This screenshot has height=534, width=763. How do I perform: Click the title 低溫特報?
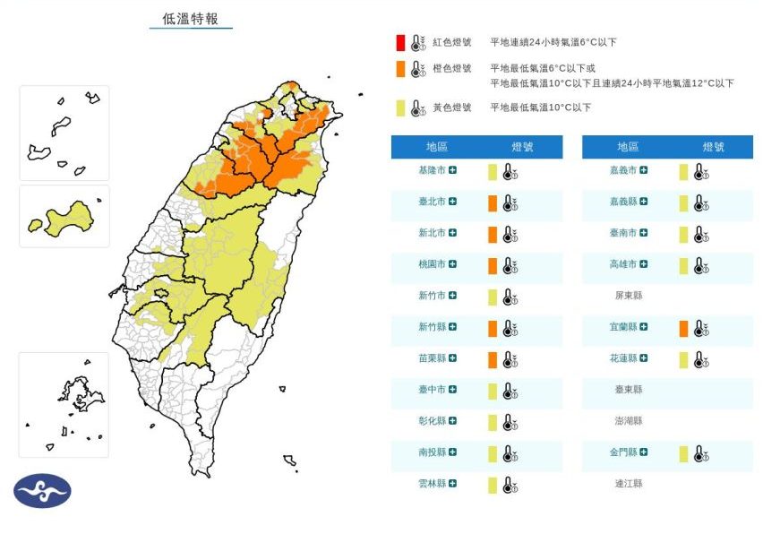pyautogui.click(x=190, y=18)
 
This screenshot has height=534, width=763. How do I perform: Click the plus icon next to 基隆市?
pyautogui.click(x=453, y=170)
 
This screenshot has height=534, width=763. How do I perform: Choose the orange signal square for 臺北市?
pyautogui.click(x=493, y=203)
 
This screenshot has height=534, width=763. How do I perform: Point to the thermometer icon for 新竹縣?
pyautogui.click(x=509, y=329)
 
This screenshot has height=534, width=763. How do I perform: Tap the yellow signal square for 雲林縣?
pyautogui.click(x=493, y=485)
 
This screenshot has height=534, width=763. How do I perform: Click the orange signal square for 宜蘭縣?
pyautogui.click(x=683, y=329)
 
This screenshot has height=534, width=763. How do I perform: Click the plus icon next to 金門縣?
pyautogui.click(x=644, y=453)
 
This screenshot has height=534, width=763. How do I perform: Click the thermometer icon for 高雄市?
pyautogui.click(x=699, y=265)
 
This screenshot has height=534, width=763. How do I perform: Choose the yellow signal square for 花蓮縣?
pyautogui.click(x=683, y=359)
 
